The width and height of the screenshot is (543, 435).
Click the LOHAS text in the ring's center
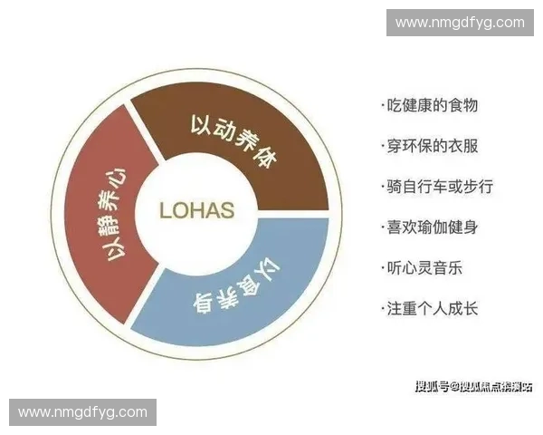tap(196, 211)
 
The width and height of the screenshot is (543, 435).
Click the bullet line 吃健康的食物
tap(430, 105)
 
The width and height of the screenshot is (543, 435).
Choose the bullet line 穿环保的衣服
tap(430, 146)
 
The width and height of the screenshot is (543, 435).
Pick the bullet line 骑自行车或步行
tap(437, 187)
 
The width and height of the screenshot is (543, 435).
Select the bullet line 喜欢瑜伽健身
tap(430, 227)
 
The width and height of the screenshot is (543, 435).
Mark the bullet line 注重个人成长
tap(430, 309)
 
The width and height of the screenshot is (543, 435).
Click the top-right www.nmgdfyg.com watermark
tap(460, 22)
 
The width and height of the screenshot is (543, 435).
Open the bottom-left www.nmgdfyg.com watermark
tap(82, 412)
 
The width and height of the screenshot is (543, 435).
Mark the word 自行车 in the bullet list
tap(436, 187)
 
